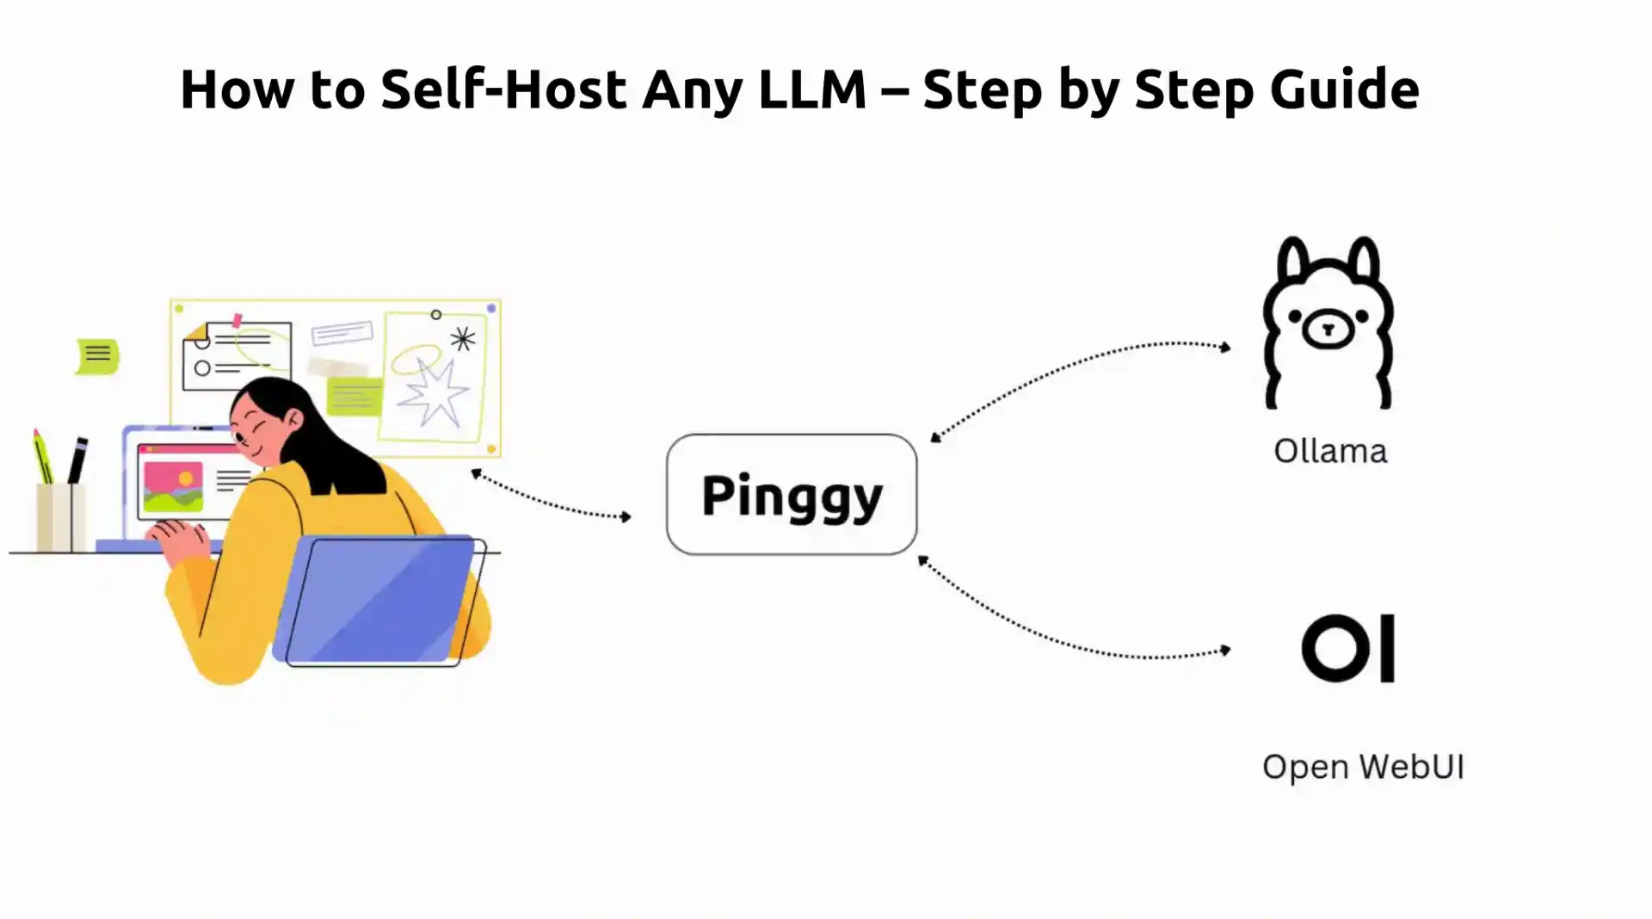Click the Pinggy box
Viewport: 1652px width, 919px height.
point(791,494)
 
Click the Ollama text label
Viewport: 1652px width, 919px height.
point(1330,451)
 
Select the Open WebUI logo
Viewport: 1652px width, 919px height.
point(1347,648)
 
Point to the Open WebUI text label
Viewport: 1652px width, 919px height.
point(1363,767)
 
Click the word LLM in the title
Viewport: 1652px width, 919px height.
point(811,89)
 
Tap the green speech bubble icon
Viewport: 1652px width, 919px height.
point(97,355)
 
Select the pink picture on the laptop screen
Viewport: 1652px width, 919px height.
point(173,486)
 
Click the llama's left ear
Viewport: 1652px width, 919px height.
point(1291,262)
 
